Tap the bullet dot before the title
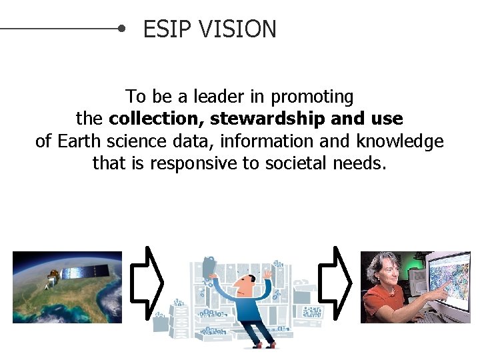point(121,29)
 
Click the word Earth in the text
point(79,141)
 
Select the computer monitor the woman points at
point(449,280)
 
